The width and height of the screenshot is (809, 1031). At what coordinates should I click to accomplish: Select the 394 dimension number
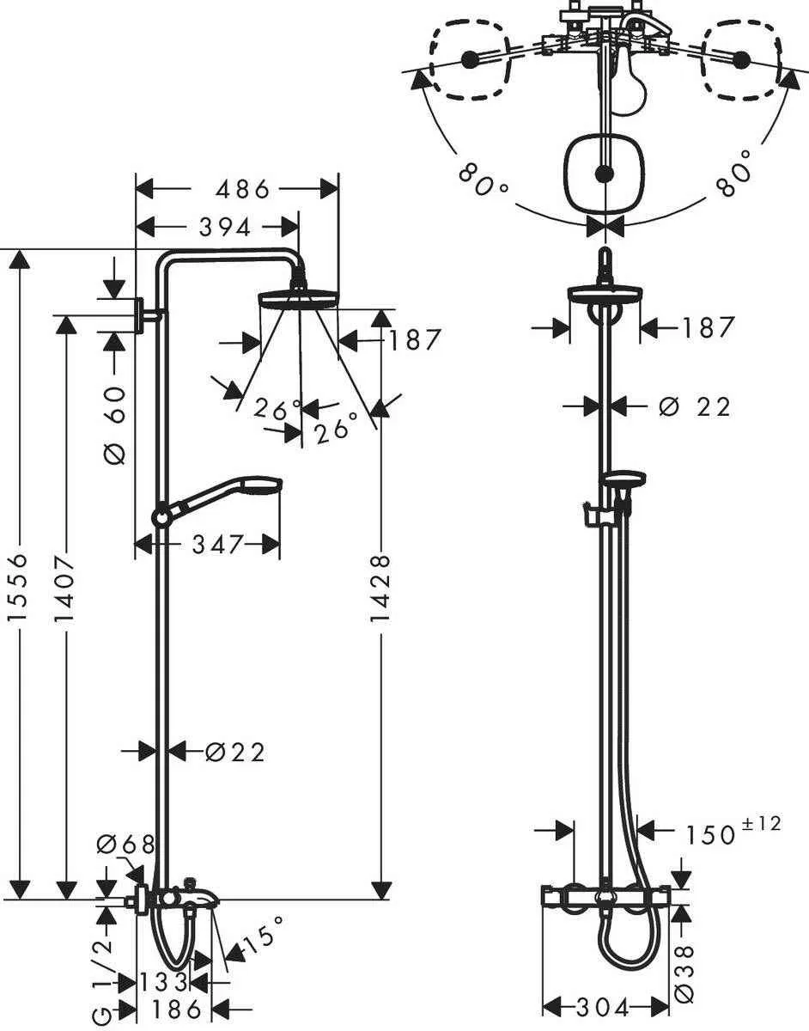click(x=224, y=227)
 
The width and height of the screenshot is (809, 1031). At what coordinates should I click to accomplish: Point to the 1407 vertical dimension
click(x=66, y=593)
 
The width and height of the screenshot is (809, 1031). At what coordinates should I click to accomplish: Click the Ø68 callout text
click(x=125, y=845)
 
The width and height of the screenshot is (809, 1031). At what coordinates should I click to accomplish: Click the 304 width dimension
click(x=605, y=1006)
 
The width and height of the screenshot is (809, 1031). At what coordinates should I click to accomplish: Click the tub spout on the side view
click(x=204, y=896)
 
